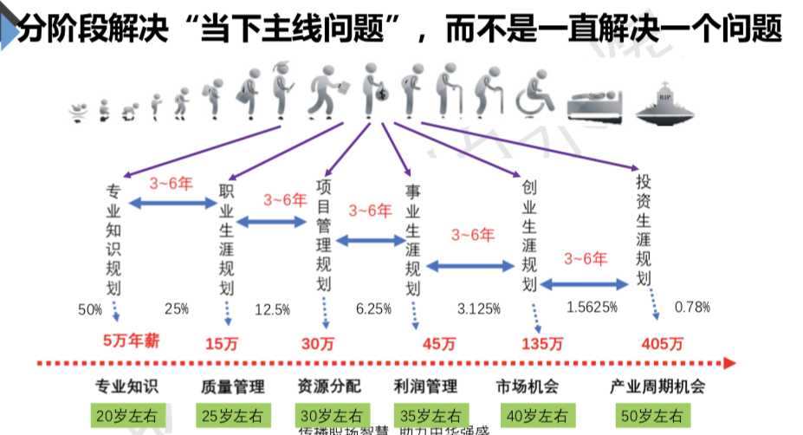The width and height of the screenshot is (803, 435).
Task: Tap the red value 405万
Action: click(659, 343)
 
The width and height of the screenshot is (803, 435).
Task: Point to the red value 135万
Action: click(538, 343)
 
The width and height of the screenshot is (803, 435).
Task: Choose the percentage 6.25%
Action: click(374, 308)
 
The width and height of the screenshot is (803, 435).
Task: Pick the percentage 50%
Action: click(90, 308)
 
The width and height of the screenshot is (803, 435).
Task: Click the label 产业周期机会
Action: click(657, 386)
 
